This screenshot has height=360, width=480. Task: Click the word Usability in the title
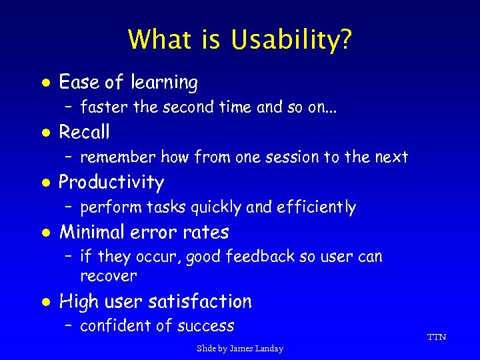tap(284, 40)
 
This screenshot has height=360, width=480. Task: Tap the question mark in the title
tap(345, 40)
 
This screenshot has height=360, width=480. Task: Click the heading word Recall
tap(85, 132)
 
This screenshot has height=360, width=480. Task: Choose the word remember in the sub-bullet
tap(117, 157)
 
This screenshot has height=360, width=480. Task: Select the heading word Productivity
tap(112, 183)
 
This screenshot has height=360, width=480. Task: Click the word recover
tap(109, 276)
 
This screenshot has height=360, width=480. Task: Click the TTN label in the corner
tap(436, 337)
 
